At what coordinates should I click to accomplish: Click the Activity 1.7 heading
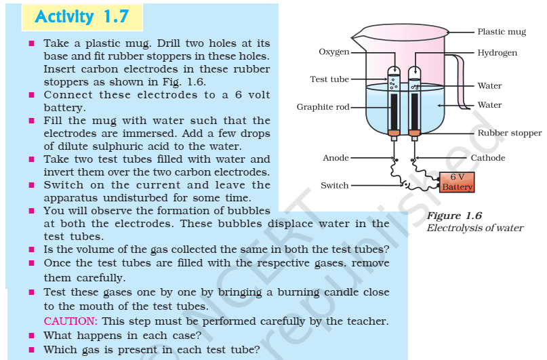(x=82, y=17)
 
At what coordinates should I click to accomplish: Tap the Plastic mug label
(x=502, y=32)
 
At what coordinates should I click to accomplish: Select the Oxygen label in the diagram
(x=334, y=52)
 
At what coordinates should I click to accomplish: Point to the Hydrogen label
(x=497, y=53)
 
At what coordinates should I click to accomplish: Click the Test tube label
(x=329, y=79)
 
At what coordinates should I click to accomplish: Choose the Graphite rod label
(x=323, y=106)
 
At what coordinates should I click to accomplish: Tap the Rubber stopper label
(x=509, y=133)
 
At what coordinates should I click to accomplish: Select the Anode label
(x=336, y=158)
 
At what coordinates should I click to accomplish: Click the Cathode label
(x=488, y=158)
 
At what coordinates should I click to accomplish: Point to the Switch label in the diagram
(x=335, y=185)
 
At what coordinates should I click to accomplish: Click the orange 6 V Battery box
(x=457, y=182)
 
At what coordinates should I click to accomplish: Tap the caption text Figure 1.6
(x=454, y=216)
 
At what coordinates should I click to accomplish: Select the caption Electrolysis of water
(x=474, y=228)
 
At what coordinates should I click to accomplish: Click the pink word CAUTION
(x=70, y=321)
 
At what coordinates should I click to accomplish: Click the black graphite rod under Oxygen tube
(x=394, y=111)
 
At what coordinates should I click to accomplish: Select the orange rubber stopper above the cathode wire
(x=414, y=133)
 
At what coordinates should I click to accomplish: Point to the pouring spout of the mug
(x=358, y=35)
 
